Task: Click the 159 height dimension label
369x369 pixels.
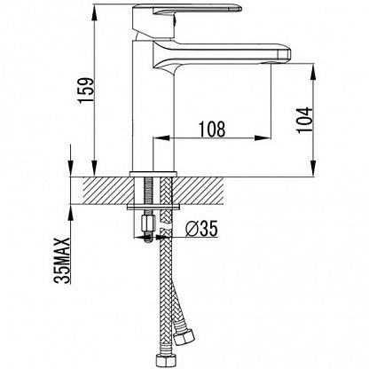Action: (86, 90)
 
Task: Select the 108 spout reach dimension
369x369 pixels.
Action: (212, 129)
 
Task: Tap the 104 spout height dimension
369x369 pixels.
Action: (305, 120)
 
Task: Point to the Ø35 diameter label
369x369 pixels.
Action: (201, 228)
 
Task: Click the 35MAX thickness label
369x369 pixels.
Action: (62, 260)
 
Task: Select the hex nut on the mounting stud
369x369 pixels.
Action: (148, 224)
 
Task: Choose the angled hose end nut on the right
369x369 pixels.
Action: (184, 336)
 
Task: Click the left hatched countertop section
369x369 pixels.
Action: (106, 191)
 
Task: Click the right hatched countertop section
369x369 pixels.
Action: (198, 191)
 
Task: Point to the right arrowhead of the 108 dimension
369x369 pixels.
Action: (263, 137)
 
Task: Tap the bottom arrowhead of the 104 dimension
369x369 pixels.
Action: (313, 169)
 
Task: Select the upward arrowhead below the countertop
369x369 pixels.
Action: (71, 212)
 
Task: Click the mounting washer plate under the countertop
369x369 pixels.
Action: (153, 207)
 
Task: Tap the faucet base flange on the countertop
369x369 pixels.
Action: (153, 174)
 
